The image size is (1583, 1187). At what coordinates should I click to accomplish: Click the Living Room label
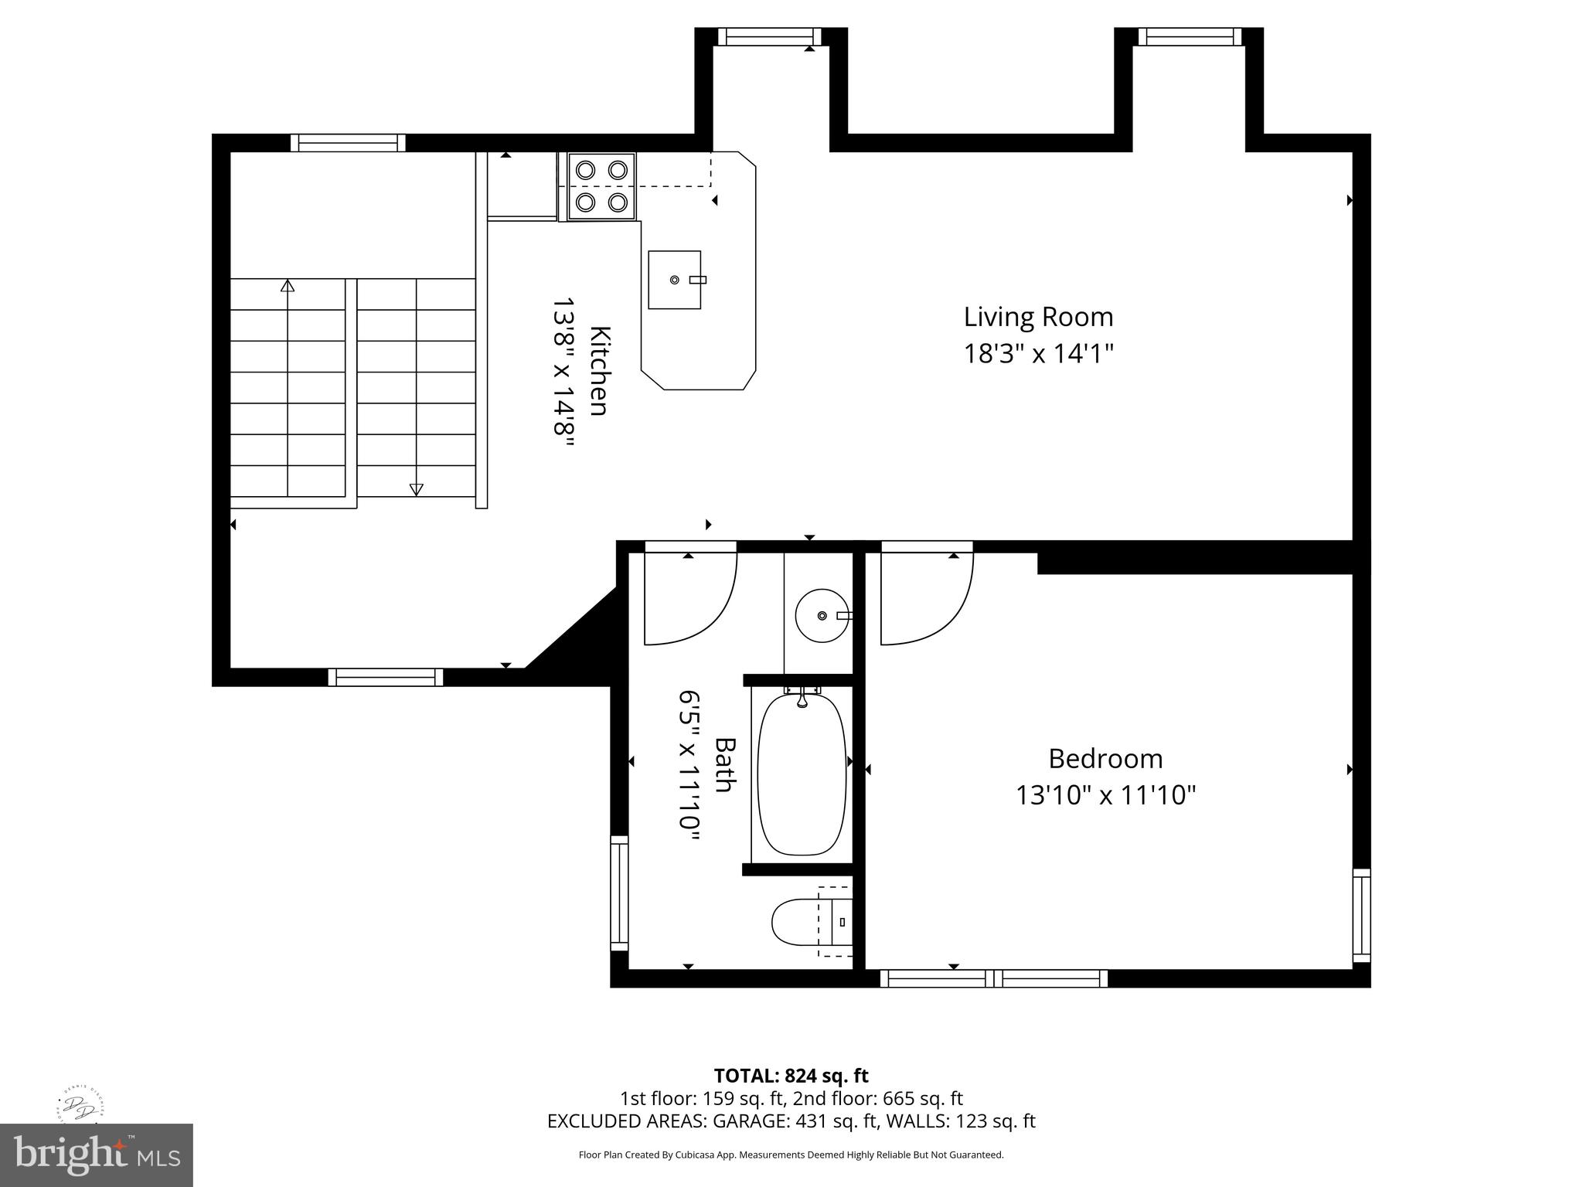[1037, 317]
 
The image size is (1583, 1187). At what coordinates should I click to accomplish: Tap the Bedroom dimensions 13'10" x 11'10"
[1105, 795]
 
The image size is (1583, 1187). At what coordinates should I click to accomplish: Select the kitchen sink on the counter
[674, 280]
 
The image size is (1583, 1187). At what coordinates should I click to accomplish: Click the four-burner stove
[601, 186]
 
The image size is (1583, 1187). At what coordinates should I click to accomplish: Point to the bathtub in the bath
[802, 774]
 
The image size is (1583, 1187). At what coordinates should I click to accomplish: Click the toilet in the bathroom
[804, 922]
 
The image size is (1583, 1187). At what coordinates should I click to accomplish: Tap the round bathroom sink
[822, 615]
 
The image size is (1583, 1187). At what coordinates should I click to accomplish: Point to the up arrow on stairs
[288, 287]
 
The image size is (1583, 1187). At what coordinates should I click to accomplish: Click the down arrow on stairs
[416, 488]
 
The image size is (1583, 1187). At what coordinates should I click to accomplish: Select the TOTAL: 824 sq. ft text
[791, 1076]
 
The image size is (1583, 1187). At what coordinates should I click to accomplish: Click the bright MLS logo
[96, 1155]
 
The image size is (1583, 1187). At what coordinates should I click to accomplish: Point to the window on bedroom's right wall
[1361, 915]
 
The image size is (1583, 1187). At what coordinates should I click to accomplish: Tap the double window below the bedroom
[993, 978]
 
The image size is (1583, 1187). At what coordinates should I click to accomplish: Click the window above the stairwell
[348, 142]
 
